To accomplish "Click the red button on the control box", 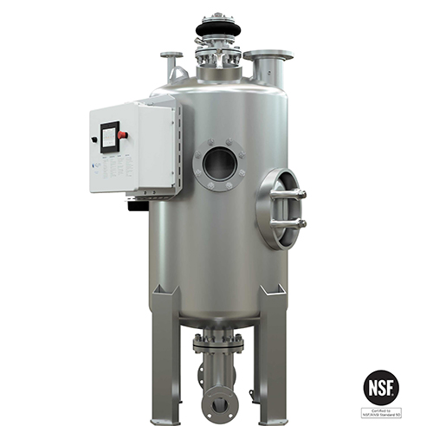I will click(123, 135).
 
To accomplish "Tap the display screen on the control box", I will click(109, 137).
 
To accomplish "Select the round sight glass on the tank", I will click(220, 164).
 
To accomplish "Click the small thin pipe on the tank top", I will click(171, 64).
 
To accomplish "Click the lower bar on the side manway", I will click(288, 223).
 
